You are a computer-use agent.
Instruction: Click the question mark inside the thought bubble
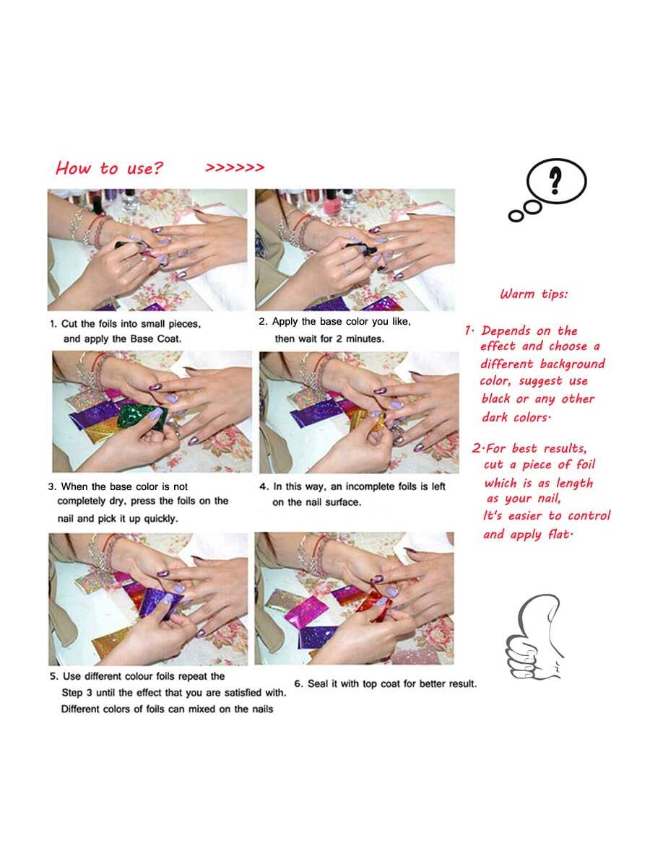tap(555, 180)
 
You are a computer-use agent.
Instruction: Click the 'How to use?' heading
tap(109, 168)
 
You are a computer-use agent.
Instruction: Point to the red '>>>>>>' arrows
tap(235, 167)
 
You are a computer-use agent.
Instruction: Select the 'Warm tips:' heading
tap(534, 294)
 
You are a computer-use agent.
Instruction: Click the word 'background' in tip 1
tap(572, 364)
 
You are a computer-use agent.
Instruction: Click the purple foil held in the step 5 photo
tap(160, 602)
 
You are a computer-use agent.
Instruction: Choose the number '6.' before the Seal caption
tap(299, 683)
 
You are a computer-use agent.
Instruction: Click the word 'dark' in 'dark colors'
tap(494, 417)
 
